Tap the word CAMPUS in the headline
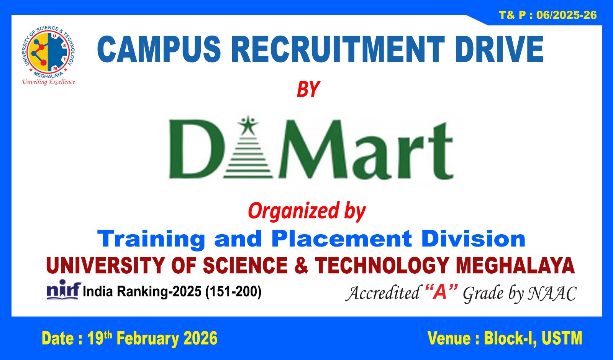pyautogui.click(x=159, y=49)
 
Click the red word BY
pyautogui.click(x=308, y=89)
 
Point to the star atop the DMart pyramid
pyautogui.click(x=248, y=125)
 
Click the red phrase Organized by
pyautogui.click(x=306, y=211)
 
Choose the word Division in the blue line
pyautogui.click(x=473, y=239)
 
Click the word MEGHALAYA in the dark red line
pyautogui.click(x=515, y=265)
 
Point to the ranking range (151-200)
pyautogui.click(x=233, y=292)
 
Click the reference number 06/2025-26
pyautogui.click(x=566, y=15)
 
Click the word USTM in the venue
pyautogui.click(x=562, y=339)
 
